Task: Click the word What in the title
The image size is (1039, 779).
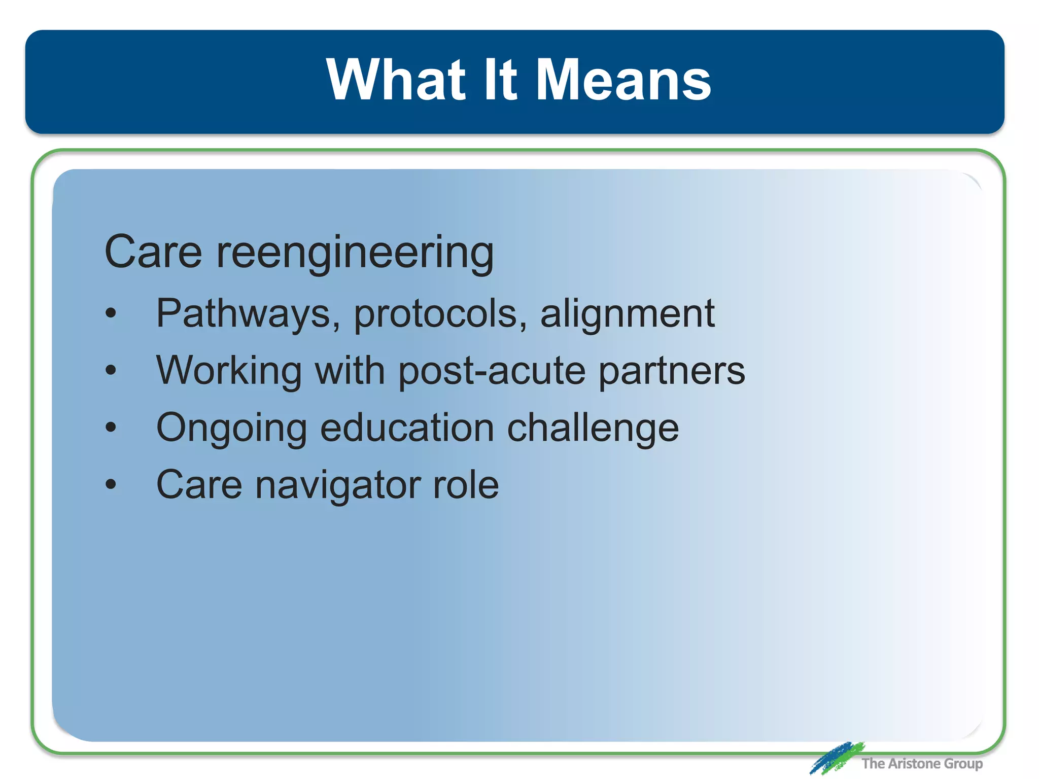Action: (x=396, y=80)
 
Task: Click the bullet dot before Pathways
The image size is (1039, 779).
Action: (x=111, y=313)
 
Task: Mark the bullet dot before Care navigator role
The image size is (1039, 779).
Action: (x=111, y=484)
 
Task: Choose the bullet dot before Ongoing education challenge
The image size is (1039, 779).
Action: (x=111, y=428)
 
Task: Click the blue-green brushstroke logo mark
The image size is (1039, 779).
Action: (x=836, y=757)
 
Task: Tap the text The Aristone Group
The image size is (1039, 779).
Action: (x=922, y=763)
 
